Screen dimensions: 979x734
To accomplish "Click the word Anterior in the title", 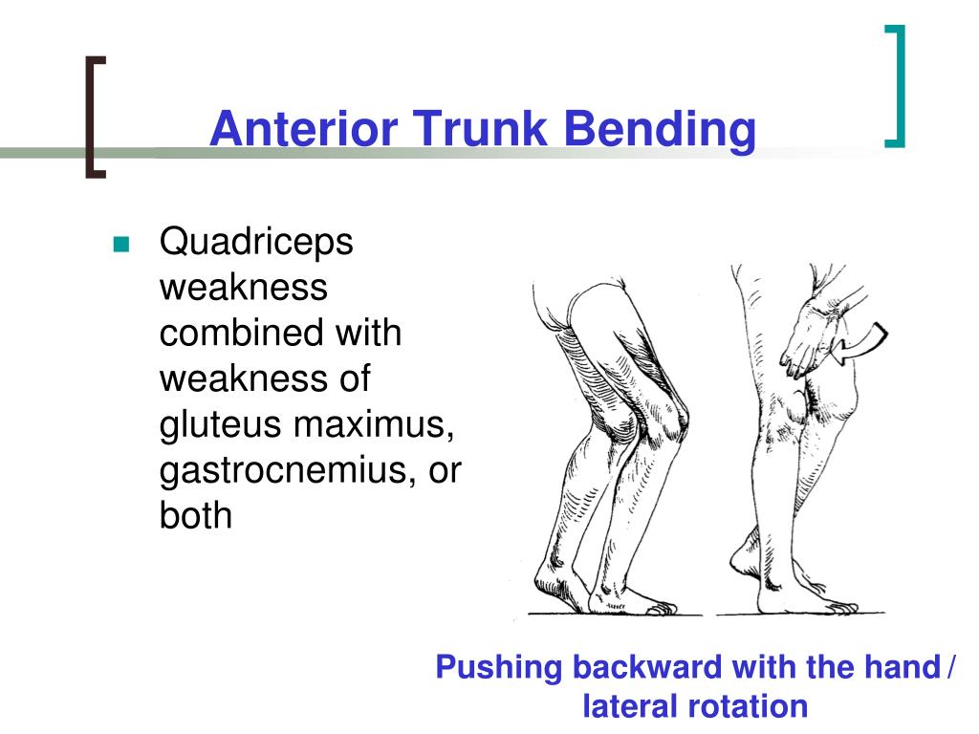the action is click(303, 129).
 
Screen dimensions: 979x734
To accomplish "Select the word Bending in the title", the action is click(659, 130).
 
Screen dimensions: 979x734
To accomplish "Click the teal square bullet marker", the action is click(121, 244).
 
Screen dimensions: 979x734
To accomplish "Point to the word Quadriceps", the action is click(256, 242).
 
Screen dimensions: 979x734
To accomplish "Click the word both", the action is click(195, 515).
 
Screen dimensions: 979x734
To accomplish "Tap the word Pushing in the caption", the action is click(499, 667).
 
